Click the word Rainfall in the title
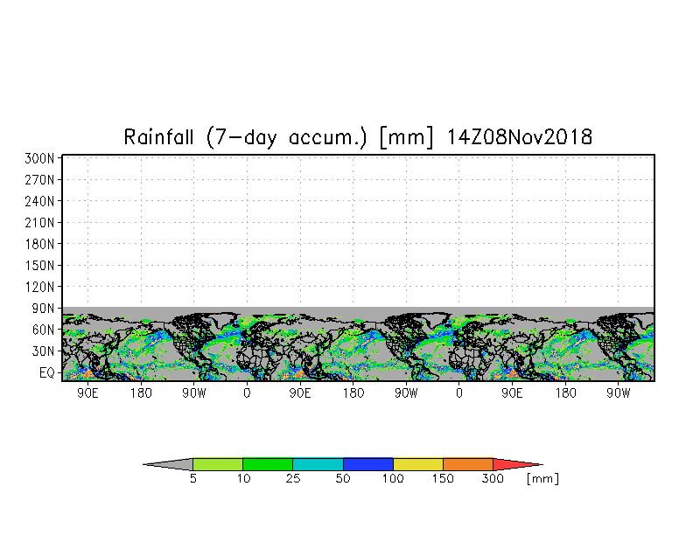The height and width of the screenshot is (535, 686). [x=158, y=136]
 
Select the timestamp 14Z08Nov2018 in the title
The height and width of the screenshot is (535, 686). [x=520, y=136]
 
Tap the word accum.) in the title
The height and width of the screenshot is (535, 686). [x=327, y=138]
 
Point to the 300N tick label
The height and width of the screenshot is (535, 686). [x=39, y=158]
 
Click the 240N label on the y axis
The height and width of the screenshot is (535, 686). [x=39, y=201]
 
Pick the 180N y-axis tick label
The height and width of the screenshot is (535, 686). [x=39, y=244]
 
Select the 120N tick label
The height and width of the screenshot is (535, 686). [x=39, y=287]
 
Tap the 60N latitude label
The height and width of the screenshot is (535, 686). [x=43, y=330]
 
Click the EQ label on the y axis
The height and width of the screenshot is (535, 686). [x=47, y=372]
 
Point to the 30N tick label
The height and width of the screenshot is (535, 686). [x=43, y=351]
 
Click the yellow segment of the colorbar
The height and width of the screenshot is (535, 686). [x=418, y=464]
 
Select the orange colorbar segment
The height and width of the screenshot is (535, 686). [x=467, y=464]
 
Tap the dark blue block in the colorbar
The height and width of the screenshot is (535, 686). [x=367, y=464]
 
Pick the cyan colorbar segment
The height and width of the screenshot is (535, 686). [x=318, y=464]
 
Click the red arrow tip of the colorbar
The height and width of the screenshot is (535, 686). [x=518, y=464]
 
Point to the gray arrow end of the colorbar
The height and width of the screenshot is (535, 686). [x=168, y=464]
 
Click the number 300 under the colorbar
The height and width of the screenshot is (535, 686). [x=493, y=479]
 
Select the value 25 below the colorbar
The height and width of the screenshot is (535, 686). [x=293, y=479]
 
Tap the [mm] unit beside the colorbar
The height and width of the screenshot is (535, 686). [x=542, y=479]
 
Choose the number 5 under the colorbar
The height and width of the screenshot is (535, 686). [x=192, y=479]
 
